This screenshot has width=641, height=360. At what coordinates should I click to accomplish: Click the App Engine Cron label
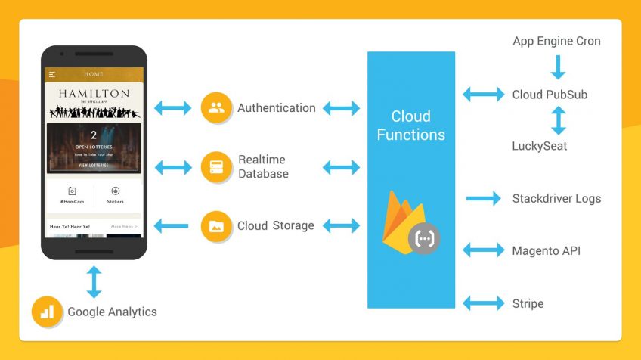pyautogui.click(x=556, y=41)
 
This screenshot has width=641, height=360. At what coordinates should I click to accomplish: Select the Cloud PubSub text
pyautogui.click(x=550, y=95)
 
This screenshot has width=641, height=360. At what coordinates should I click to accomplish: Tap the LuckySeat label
pyautogui.click(x=540, y=145)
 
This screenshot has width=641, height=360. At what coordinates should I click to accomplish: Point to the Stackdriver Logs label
pyautogui.click(x=556, y=199)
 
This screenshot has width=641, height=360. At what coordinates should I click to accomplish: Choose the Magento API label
pyautogui.click(x=546, y=250)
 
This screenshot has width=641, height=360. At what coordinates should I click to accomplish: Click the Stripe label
pyautogui.click(x=528, y=303)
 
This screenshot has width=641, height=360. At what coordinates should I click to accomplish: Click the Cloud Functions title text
pyautogui.click(x=411, y=126)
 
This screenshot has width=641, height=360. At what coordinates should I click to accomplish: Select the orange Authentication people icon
pyautogui.click(x=216, y=108)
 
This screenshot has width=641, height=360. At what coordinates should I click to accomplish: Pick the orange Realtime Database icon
pyautogui.click(x=216, y=167)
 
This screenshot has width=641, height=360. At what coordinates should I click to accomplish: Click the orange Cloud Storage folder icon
pyautogui.click(x=216, y=225)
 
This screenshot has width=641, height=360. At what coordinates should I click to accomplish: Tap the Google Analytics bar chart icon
pyautogui.click(x=47, y=312)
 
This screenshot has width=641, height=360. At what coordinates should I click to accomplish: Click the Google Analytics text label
pyautogui.click(x=112, y=312)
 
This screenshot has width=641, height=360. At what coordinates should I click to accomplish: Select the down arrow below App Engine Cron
pyautogui.click(x=558, y=67)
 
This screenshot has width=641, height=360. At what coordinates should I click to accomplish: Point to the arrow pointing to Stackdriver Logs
pyautogui.click(x=484, y=199)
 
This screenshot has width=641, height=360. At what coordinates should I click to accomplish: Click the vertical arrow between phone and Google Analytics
pyautogui.click(x=94, y=281)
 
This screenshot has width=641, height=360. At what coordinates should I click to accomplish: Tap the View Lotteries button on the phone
pyautogui.click(x=94, y=165)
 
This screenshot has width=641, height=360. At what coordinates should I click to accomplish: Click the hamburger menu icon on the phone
pyautogui.click(x=52, y=75)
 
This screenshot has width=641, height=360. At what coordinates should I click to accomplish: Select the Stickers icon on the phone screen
pyautogui.click(x=116, y=192)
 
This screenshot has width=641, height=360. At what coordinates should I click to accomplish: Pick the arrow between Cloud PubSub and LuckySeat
pyautogui.click(x=558, y=120)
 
